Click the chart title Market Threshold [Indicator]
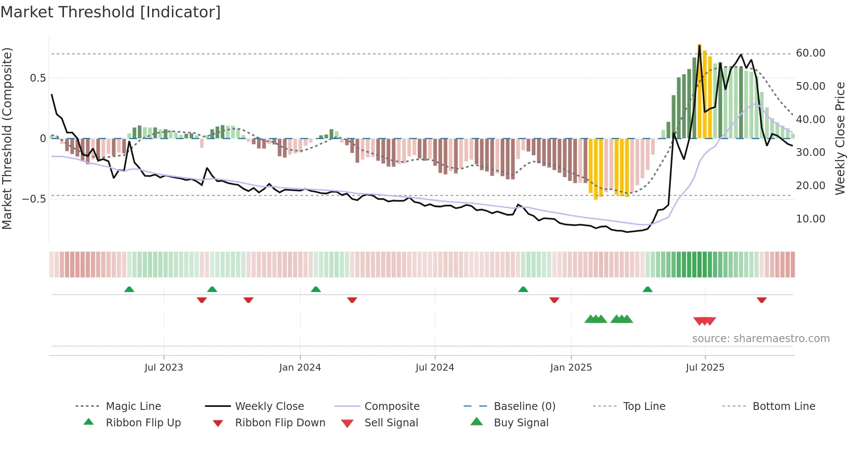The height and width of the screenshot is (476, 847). (111, 12)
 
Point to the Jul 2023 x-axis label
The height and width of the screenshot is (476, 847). (164, 368)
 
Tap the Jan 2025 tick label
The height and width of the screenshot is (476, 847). (571, 368)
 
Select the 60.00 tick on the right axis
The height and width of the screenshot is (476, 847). (810, 53)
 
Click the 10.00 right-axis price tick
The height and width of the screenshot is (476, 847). (810, 219)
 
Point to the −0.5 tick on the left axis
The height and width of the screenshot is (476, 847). (34, 199)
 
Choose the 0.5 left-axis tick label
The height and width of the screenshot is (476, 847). (38, 78)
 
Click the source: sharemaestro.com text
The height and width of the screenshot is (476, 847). (761, 339)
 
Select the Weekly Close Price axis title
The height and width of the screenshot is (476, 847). (840, 138)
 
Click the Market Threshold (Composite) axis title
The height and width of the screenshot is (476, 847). (7, 138)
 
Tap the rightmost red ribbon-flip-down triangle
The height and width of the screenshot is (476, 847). (761, 300)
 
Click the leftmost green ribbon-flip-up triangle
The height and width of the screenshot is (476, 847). (129, 289)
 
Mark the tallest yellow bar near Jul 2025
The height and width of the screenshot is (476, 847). (699, 91)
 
